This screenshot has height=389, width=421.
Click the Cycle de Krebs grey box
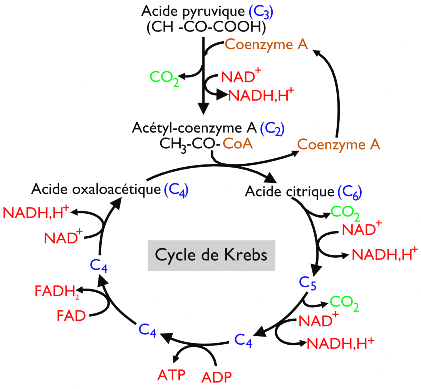point(211,255)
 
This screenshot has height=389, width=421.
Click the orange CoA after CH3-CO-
point(238,145)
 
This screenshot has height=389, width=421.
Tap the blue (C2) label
point(272,128)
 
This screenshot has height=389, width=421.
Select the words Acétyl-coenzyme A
point(194,127)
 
